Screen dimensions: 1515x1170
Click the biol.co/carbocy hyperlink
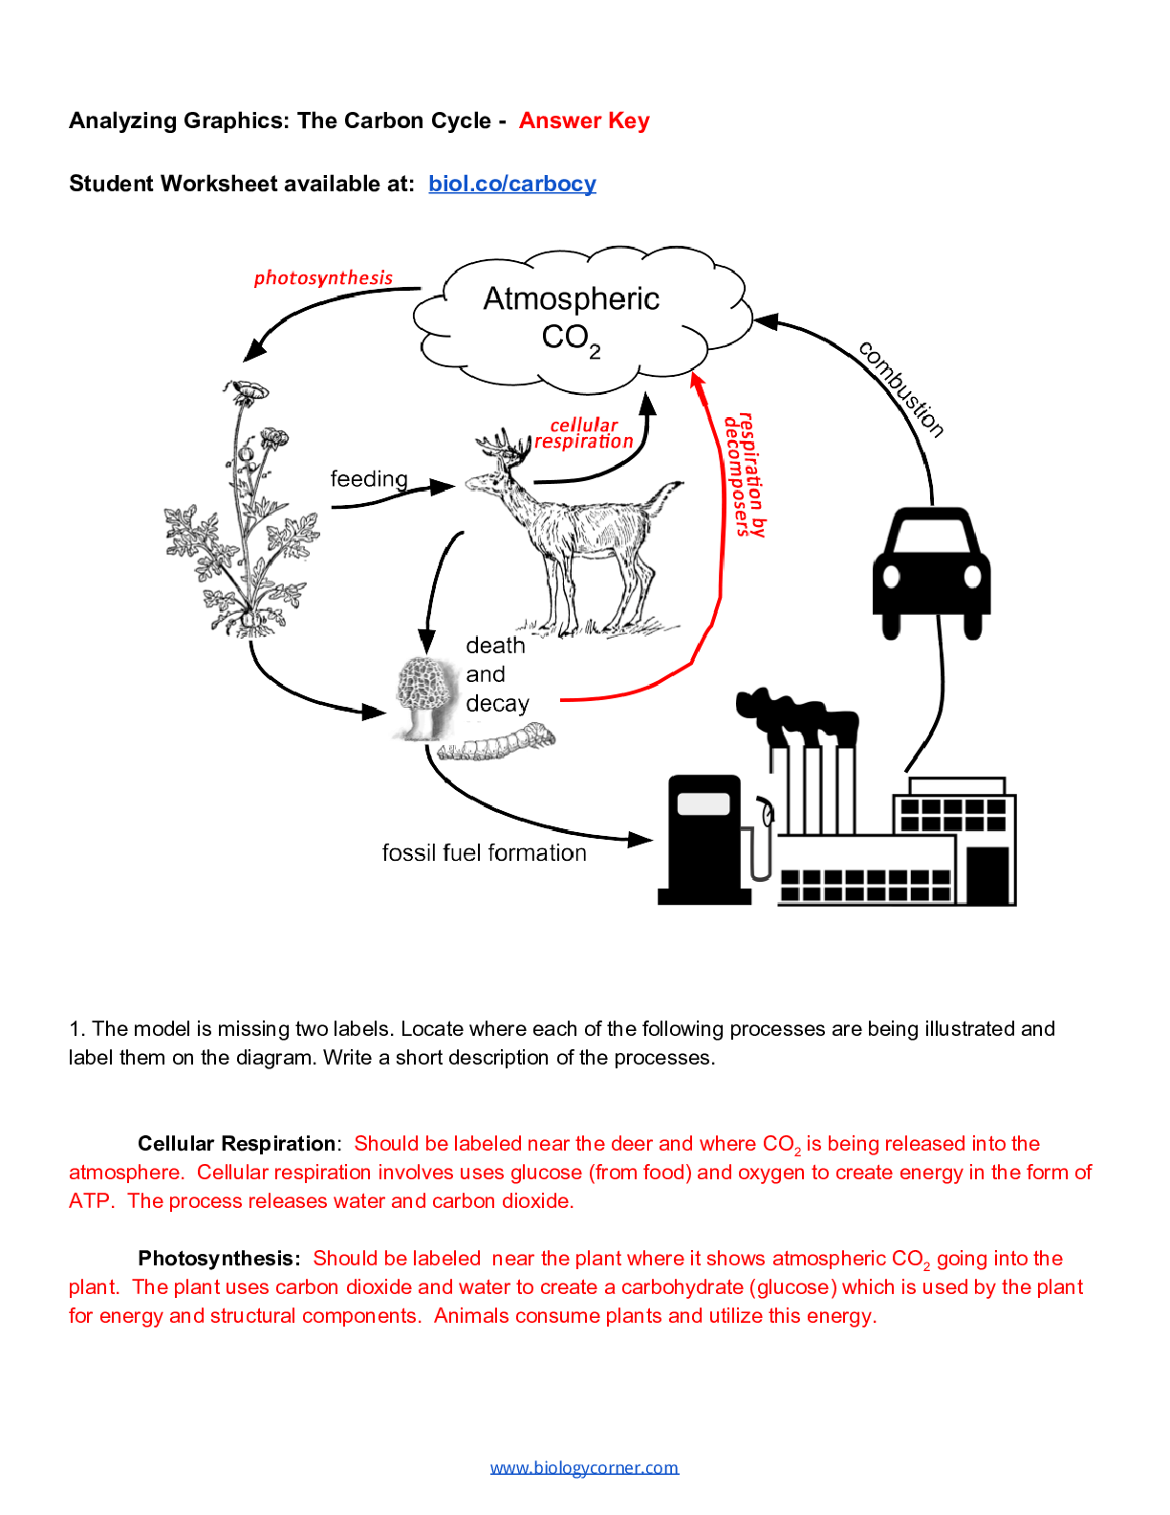click(x=511, y=184)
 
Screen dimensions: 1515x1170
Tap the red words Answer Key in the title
click(x=584, y=121)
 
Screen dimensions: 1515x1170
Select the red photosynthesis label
click(x=323, y=277)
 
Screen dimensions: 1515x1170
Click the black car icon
click(x=931, y=573)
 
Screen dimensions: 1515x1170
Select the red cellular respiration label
click(x=584, y=433)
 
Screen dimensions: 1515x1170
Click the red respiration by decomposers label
click(x=745, y=474)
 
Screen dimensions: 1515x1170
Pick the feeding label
click(x=369, y=478)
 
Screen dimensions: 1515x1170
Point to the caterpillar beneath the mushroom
click(x=497, y=744)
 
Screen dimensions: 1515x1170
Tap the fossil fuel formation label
click(x=484, y=852)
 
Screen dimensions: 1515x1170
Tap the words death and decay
click(x=497, y=674)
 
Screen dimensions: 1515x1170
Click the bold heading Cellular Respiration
click(x=236, y=1144)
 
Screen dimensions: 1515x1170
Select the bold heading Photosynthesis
click(x=218, y=1259)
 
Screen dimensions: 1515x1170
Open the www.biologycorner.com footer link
click(x=584, y=1467)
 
